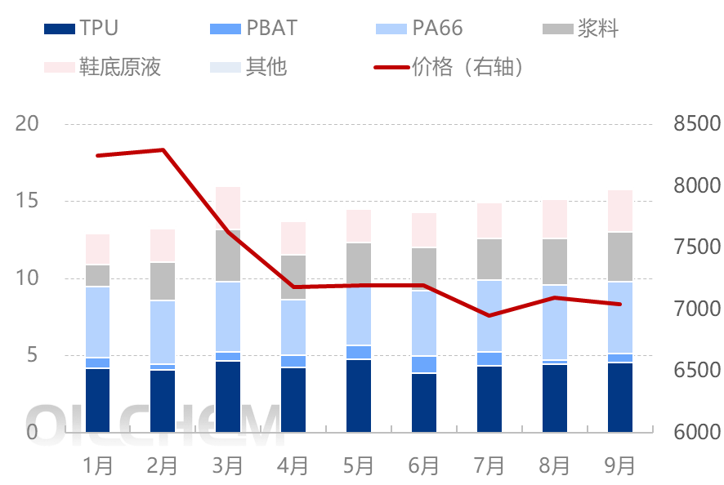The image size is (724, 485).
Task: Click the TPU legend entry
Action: [x=80, y=29]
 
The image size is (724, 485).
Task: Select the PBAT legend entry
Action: [x=253, y=29]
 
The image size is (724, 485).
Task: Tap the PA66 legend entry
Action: [x=418, y=29]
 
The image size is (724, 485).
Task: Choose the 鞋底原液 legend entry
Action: [x=102, y=67]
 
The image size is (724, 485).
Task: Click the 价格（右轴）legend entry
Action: [x=449, y=67]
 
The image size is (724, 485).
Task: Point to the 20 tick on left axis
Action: [x=28, y=124]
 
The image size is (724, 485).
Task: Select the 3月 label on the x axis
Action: [x=228, y=465]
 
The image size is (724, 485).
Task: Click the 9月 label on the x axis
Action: [x=619, y=465]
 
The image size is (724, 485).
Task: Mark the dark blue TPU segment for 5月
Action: [x=359, y=396]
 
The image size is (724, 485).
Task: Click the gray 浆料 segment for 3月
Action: [x=228, y=256]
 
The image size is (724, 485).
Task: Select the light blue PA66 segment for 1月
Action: [x=97, y=322]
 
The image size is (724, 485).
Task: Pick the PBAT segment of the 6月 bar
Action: [x=424, y=364]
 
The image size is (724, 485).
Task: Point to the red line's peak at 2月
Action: [x=163, y=149]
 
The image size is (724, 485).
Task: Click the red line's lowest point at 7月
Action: [x=489, y=315]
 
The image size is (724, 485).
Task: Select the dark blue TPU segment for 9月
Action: [x=619, y=398]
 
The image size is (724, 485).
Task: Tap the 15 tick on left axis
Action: [x=28, y=201]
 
